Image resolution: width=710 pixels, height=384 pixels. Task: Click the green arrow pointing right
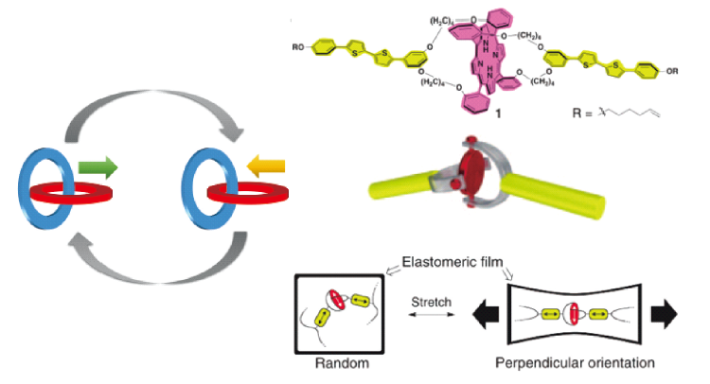(x=98, y=169)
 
